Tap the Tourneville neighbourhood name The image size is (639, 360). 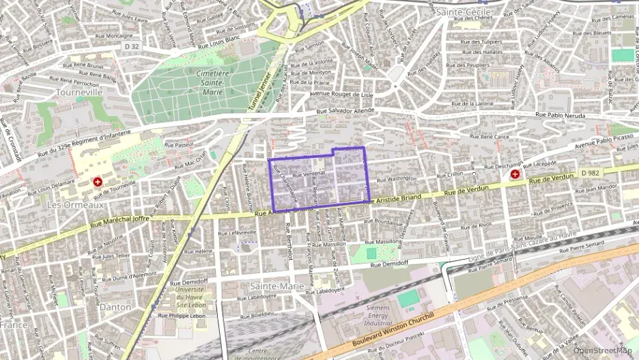pyautogui.click(x=79, y=91)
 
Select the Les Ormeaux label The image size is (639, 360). pyautogui.click(x=75, y=204)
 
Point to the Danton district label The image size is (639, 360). pyautogui.click(x=115, y=307)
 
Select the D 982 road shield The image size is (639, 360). pyautogui.click(x=591, y=174)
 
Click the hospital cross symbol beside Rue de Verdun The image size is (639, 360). pyautogui.click(x=514, y=175)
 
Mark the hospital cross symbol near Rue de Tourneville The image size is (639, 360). pyautogui.click(x=98, y=182)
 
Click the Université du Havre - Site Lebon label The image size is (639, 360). pyautogui.click(x=190, y=295)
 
